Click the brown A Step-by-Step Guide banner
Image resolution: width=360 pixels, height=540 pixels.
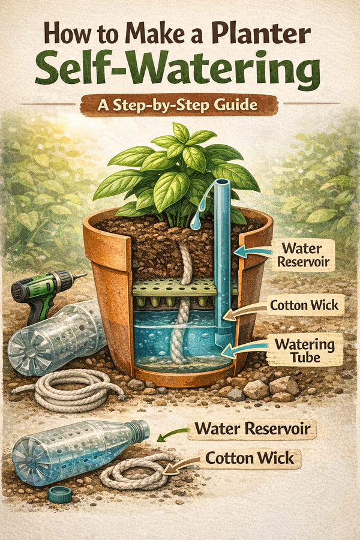coord(179,106)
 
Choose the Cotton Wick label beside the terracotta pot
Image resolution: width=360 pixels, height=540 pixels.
coord(307,305)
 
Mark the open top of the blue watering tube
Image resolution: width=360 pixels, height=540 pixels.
coord(222,182)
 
